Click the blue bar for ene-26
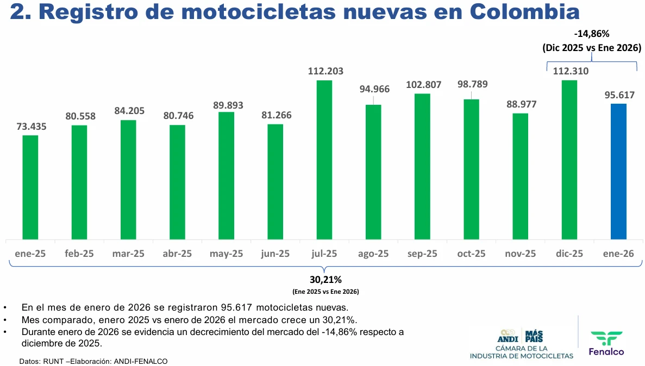click(618, 171)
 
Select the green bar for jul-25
click(324, 160)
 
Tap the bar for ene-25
click(30, 187)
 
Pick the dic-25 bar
click(569, 160)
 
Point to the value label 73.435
click(30, 127)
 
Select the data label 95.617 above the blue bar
click(618, 94)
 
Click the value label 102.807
click(423, 85)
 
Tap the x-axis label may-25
click(226, 254)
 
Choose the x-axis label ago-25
click(373, 254)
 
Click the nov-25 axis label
click(521, 254)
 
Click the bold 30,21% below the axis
click(325, 280)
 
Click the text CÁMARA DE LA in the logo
click(522, 348)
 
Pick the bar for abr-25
click(177, 182)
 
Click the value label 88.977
click(521, 104)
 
